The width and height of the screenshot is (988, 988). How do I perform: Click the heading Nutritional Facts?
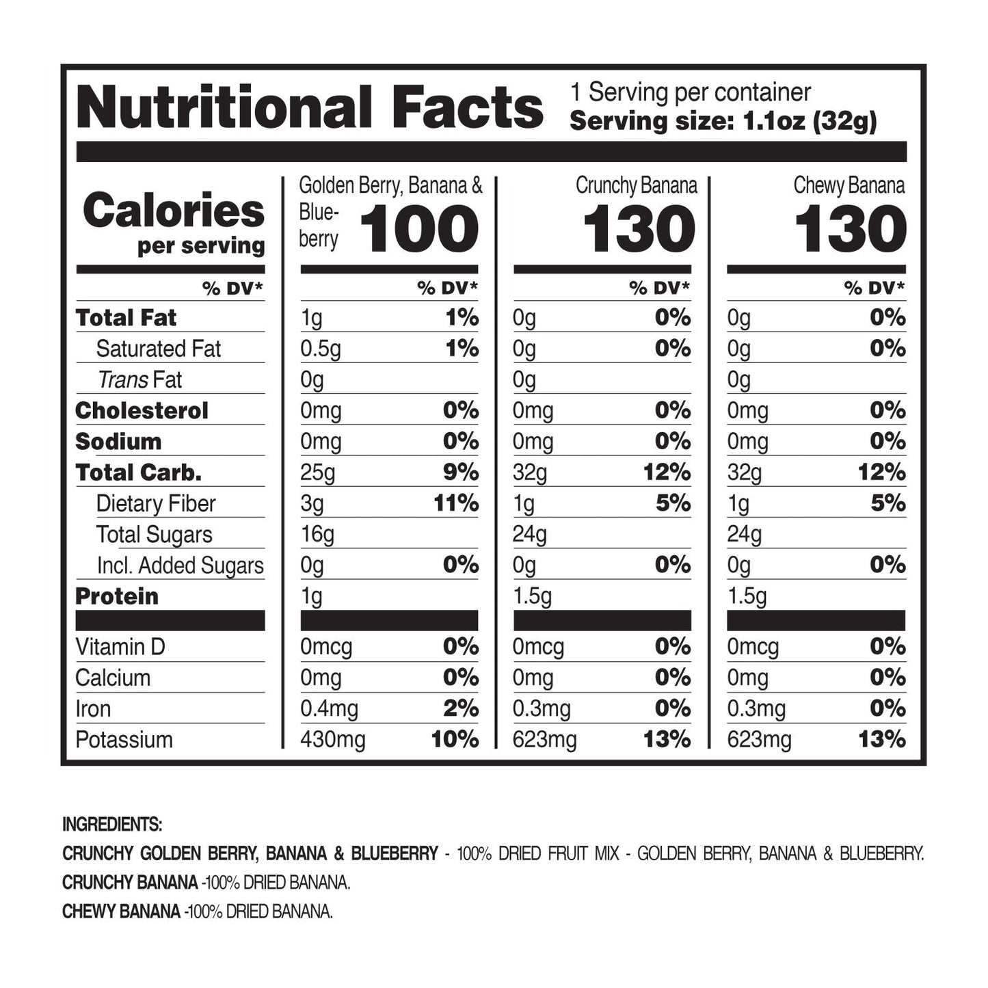click(310, 108)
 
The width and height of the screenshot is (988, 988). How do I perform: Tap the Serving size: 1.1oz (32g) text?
click(723, 122)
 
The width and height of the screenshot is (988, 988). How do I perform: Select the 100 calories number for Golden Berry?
click(419, 230)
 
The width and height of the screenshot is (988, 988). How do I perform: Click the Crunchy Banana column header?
click(636, 185)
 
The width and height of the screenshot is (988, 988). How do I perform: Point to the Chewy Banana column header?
click(849, 185)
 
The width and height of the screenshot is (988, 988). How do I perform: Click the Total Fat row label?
click(126, 318)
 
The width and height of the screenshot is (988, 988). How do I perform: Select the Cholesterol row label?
click(142, 410)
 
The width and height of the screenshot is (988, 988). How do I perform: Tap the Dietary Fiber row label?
click(156, 504)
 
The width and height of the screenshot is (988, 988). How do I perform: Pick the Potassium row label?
click(124, 740)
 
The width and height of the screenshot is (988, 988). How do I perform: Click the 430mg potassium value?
click(332, 740)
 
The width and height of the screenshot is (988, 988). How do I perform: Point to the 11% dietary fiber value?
click(456, 504)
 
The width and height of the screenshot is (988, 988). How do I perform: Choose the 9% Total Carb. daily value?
click(461, 472)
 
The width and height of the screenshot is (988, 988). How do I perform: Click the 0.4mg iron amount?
click(329, 709)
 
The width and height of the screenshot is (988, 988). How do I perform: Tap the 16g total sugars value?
click(317, 535)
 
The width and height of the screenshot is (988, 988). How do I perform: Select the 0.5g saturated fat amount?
click(320, 349)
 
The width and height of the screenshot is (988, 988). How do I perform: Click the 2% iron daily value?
click(461, 709)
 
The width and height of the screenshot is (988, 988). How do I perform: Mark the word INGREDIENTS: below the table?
click(112, 825)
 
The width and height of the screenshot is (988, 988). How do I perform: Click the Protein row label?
click(117, 596)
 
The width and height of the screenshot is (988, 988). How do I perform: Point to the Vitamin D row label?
click(120, 647)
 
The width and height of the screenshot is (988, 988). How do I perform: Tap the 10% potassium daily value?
click(455, 740)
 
